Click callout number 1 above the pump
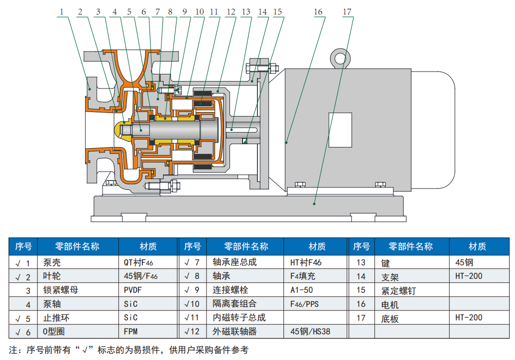(61, 11)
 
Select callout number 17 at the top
(347, 11)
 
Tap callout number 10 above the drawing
(199, 11)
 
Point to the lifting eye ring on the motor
(340, 58)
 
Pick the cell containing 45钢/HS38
(310, 331)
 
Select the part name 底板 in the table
(389, 317)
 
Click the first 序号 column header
(23, 246)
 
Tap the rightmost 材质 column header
(477, 246)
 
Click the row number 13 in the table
(360, 262)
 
